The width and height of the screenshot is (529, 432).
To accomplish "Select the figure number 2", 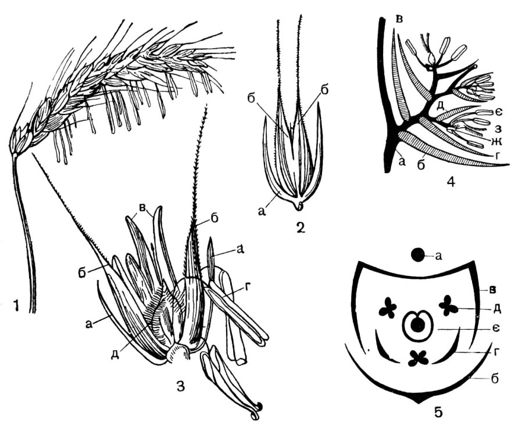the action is pyautogui.click(x=299, y=228).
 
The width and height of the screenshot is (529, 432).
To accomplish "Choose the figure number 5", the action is pyautogui.click(x=438, y=412).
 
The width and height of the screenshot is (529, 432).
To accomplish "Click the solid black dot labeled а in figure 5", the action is pyautogui.click(x=417, y=255).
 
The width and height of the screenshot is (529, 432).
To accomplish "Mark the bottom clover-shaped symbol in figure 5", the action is pyautogui.click(x=419, y=358).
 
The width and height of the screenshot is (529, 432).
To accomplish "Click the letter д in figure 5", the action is pyautogui.click(x=496, y=309).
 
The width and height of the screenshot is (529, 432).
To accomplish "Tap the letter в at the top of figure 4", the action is pyautogui.click(x=399, y=20).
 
